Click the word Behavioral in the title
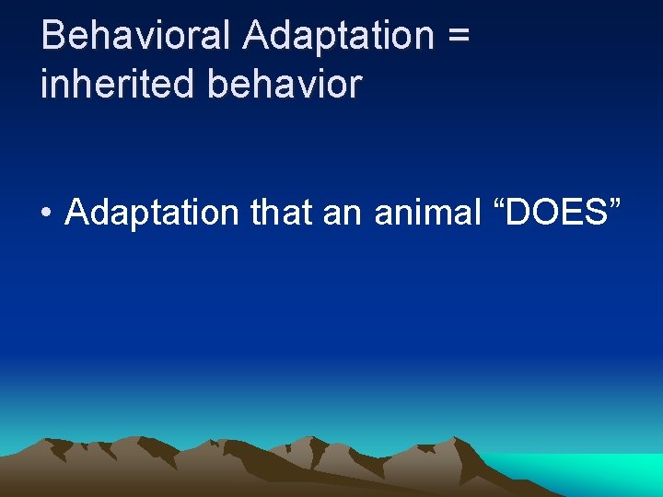coord(138,36)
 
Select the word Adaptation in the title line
coord(338,36)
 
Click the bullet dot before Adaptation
coord(46,214)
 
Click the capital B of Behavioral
coord(53,36)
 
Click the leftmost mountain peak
coord(55,443)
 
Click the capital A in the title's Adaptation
coord(256,36)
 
